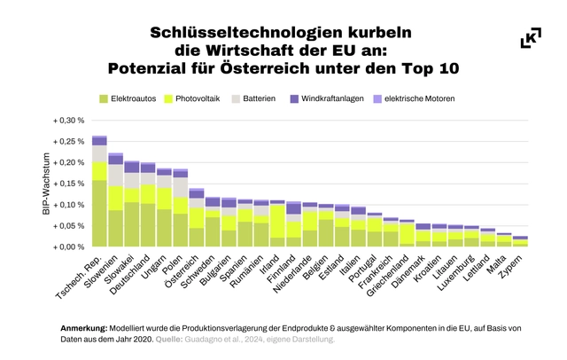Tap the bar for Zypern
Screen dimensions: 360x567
pyautogui.click(x=520, y=241)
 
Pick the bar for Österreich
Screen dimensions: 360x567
pyautogui.click(x=197, y=217)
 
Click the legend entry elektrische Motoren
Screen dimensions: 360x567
pyautogui.click(x=416, y=98)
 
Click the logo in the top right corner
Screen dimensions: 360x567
pyautogui.click(x=531, y=38)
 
